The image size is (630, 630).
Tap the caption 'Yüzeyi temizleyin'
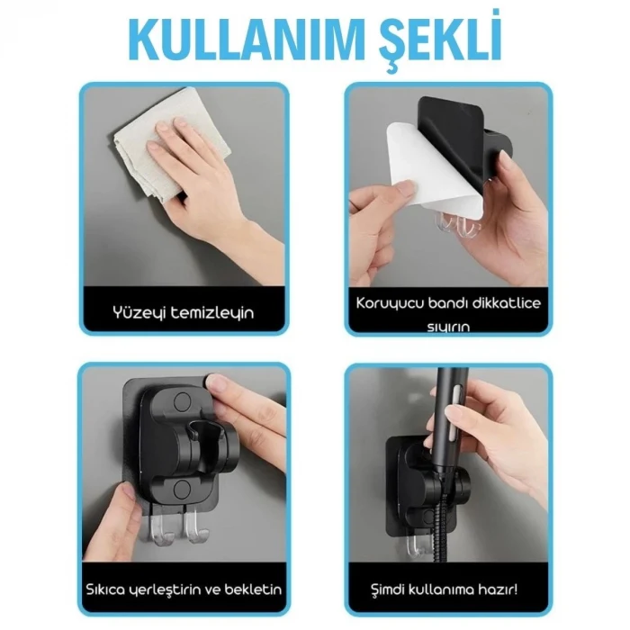tap(184, 312)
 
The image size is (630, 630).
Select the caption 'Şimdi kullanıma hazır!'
tap(447, 590)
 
